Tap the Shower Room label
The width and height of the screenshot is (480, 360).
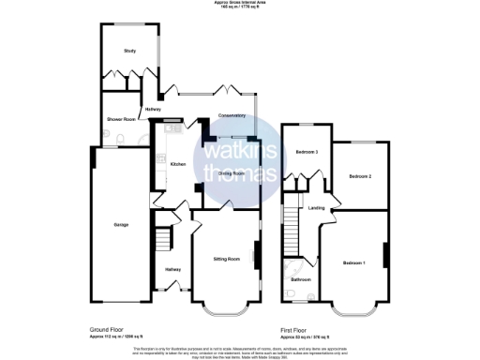coord(122,119)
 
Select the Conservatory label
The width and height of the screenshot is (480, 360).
coord(232,115)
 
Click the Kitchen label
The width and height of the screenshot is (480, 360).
coord(178,164)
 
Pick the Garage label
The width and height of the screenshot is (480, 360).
coord(122,225)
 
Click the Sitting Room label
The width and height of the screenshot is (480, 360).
coord(228,257)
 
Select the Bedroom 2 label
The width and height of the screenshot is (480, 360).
coord(361,176)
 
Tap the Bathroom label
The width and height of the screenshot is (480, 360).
coord(300,279)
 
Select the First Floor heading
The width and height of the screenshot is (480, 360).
coord(294,330)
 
